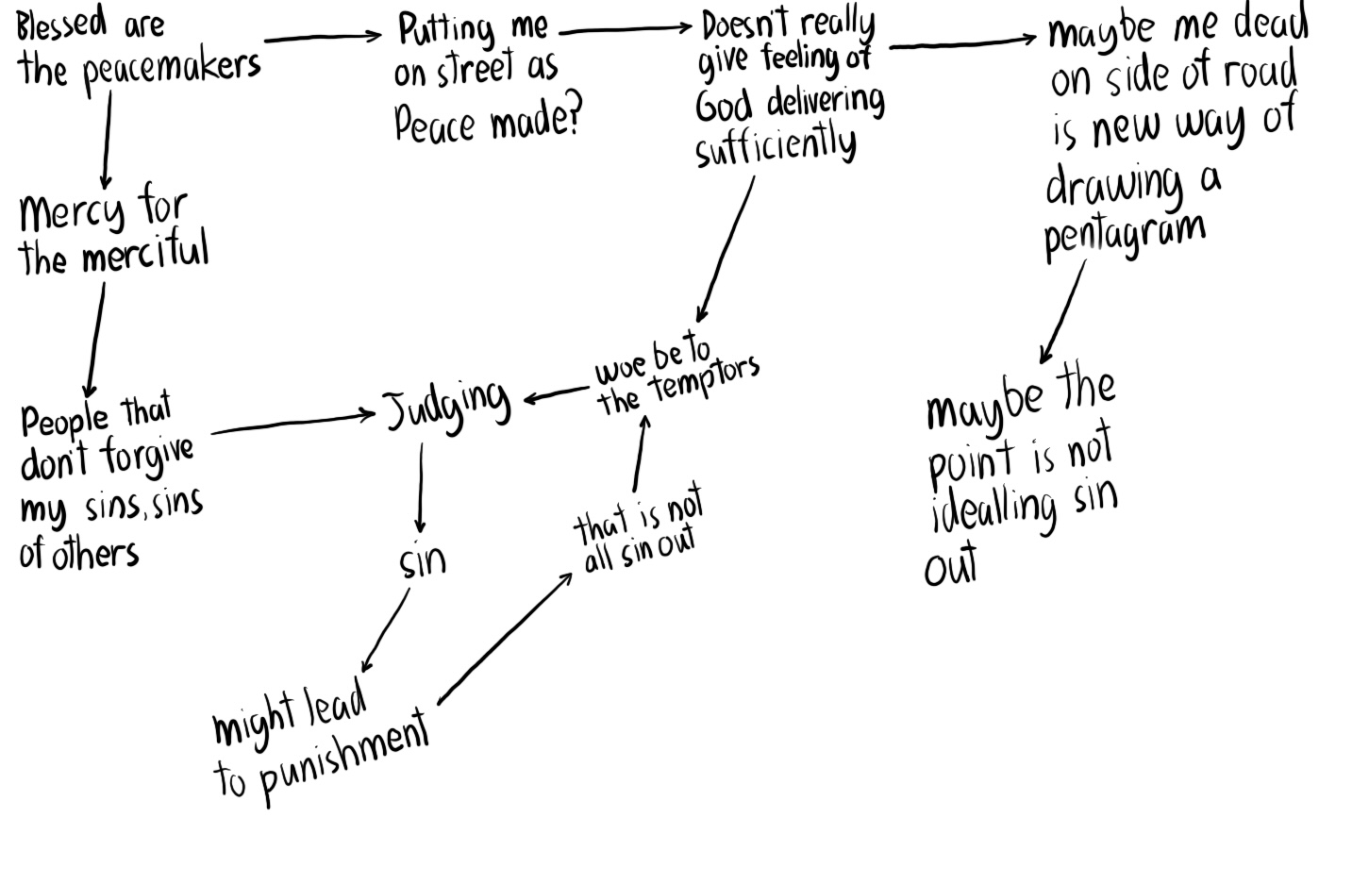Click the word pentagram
(x=1124, y=235)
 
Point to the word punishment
(x=342, y=756)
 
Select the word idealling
(x=993, y=510)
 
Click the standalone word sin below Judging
(x=422, y=561)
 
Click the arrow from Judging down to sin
(x=420, y=487)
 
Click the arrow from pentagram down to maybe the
(x=1062, y=311)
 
